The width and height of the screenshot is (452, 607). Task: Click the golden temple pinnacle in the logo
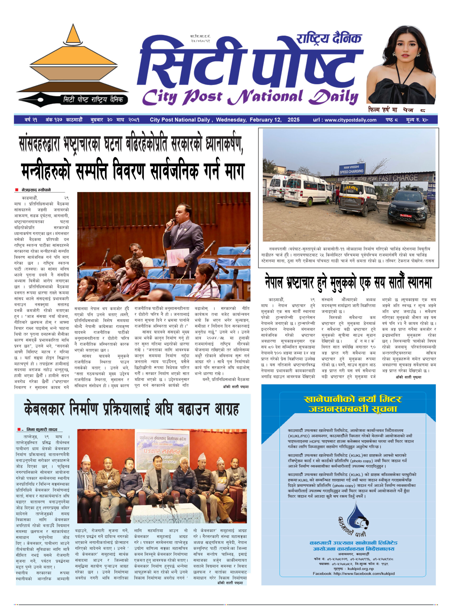73,34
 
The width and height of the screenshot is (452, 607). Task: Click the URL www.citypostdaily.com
350,120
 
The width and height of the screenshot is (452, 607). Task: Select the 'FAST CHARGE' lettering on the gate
398,178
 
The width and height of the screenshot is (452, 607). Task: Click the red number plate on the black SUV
406,216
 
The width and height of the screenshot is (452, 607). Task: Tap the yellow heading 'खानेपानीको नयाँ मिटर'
352,399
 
